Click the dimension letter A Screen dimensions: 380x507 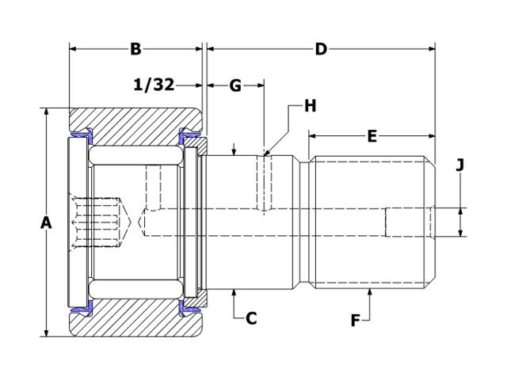point(46,224)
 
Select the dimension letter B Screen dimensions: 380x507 point(135,49)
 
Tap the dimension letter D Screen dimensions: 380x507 point(321,49)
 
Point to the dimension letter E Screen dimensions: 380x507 point(372,136)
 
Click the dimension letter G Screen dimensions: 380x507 point(235,85)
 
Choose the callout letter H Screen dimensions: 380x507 point(310,105)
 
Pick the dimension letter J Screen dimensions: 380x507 point(460,165)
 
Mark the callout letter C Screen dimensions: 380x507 point(251,318)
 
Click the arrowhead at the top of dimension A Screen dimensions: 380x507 point(46,112)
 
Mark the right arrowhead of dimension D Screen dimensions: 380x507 point(432,49)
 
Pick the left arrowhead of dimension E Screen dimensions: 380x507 point(312,136)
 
